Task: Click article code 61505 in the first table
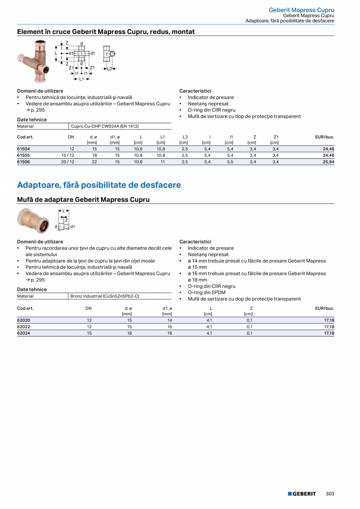tap(23, 155)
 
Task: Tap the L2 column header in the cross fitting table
tap(185, 137)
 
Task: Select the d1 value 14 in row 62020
tap(169, 320)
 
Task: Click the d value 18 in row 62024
tap(129, 333)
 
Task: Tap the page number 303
tap(330, 494)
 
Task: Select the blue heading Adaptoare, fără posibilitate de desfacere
tap(99, 185)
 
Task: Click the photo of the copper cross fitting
tap(34, 61)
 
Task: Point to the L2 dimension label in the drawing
tap(110, 68)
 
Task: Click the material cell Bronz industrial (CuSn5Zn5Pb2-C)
tap(105, 296)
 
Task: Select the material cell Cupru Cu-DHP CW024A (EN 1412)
tap(104, 126)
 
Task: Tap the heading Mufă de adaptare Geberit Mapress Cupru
tap(83, 200)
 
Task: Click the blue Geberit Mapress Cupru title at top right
tap(301, 10)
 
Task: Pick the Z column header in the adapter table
tap(251, 308)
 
